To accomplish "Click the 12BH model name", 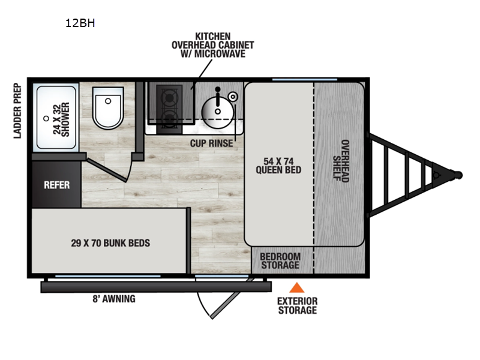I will pyautogui.click(x=80, y=24).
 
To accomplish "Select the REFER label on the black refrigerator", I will pyautogui.click(x=56, y=185).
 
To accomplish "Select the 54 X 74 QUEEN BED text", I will pyautogui.click(x=278, y=165).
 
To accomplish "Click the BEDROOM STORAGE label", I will pyautogui.click(x=279, y=261).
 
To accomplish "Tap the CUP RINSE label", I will pyautogui.click(x=211, y=143).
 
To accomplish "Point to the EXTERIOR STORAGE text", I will pyautogui.click(x=296, y=305).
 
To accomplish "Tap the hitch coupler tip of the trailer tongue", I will pyautogui.click(x=458, y=175).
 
